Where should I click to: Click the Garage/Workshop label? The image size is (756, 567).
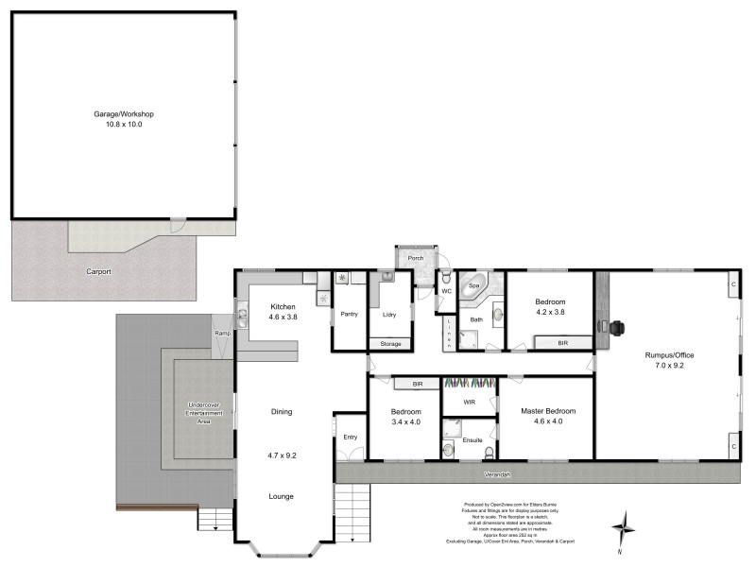click(x=123, y=113)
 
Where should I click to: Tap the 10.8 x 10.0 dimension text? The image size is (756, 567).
click(x=123, y=124)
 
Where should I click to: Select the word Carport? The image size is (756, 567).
click(x=98, y=271)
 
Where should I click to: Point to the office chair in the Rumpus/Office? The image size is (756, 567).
click(x=617, y=328)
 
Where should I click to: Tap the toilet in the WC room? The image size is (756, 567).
click(x=445, y=278)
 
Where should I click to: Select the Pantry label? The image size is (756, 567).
click(x=348, y=314)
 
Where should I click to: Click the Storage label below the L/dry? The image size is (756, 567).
click(x=390, y=344)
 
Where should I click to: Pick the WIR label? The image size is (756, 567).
click(x=470, y=402)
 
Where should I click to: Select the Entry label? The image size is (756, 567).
click(x=351, y=437)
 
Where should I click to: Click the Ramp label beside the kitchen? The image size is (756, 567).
click(x=223, y=334)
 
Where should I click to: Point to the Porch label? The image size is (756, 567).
click(x=415, y=258)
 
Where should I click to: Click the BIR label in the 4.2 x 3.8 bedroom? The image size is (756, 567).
click(x=562, y=343)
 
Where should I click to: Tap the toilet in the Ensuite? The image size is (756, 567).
click(x=448, y=449)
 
